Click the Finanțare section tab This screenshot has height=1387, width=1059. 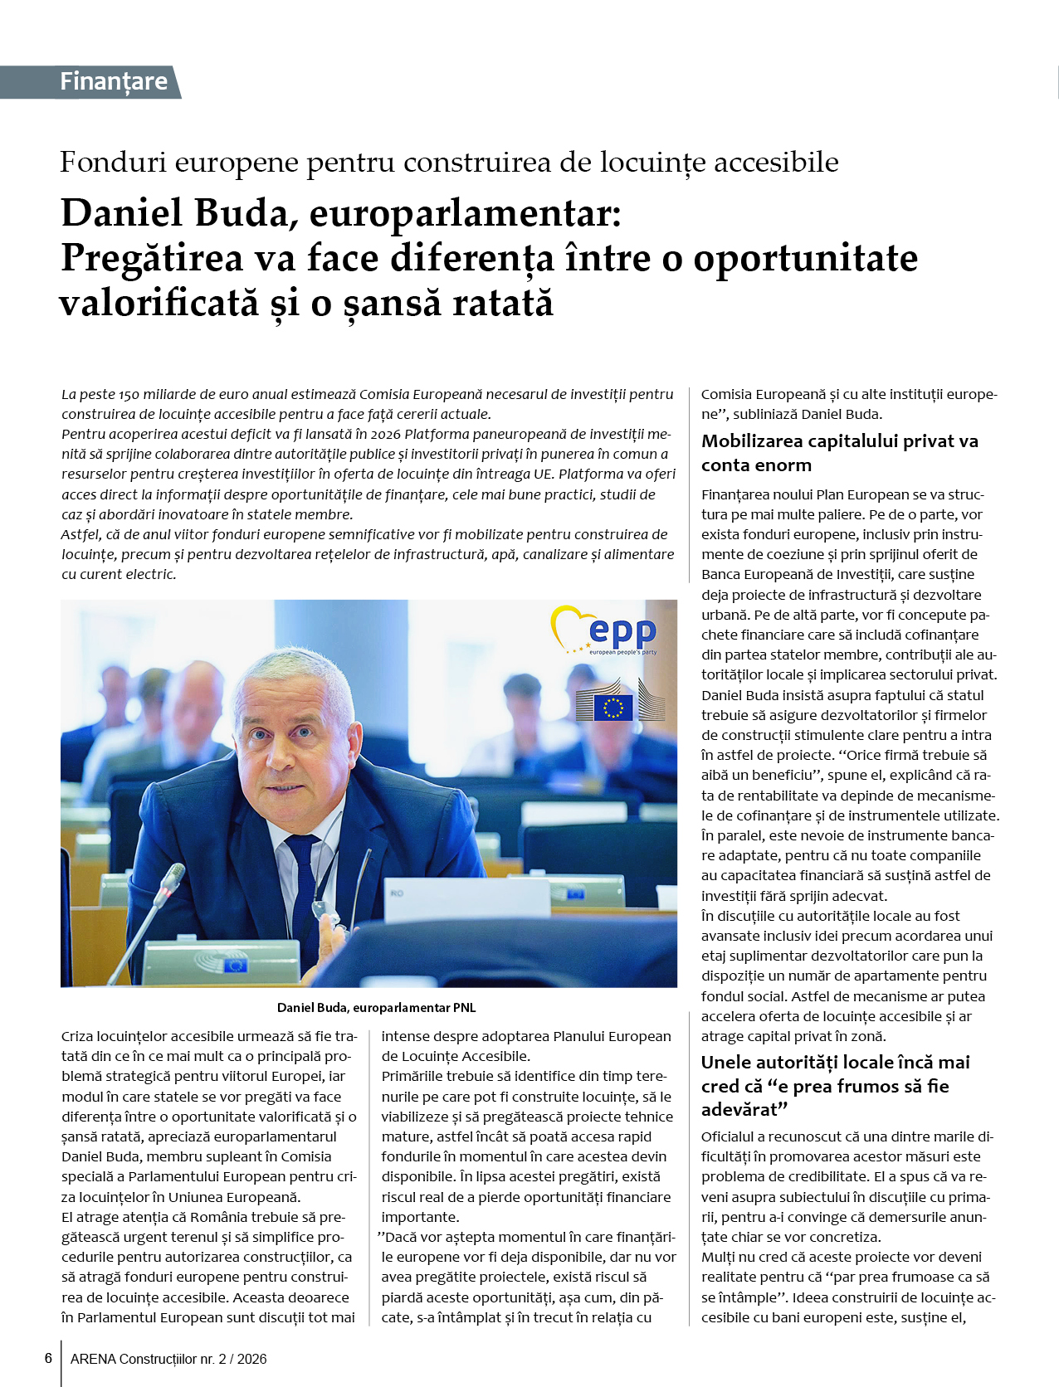point(113,81)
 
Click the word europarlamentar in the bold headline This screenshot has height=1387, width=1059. point(466,214)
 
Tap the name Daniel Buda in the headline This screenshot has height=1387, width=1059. point(174,214)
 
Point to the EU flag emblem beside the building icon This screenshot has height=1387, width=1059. point(612,708)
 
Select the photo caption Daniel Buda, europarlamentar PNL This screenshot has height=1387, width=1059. point(376,1007)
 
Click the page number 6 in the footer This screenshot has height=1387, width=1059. point(48,1358)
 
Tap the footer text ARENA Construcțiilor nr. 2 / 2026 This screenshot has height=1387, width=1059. point(168,1359)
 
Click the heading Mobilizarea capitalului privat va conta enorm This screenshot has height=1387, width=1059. point(839,453)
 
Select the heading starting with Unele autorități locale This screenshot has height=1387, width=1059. point(835,1085)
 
